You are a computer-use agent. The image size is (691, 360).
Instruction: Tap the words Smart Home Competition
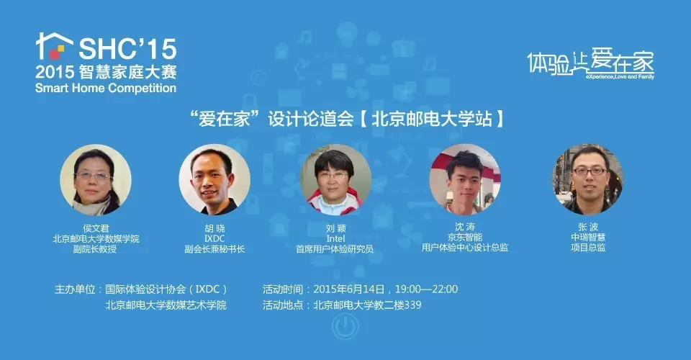pyautogui.click(x=106, y=89)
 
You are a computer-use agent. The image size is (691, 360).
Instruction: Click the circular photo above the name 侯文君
pyautogui.click(x=96, y=180)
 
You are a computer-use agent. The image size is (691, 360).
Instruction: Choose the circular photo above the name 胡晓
pyautogui.click(x=214, y=180)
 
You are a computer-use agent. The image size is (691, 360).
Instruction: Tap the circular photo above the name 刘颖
pyautogui.click(x=335, y=180)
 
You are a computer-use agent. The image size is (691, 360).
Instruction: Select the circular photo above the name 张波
pyautogui.click(x=587, y=180)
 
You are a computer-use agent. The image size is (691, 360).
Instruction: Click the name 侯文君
pyautogui.click(x=96, y=226)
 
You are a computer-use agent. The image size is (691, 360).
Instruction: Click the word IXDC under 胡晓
pyautogui.click(x=214, y=238)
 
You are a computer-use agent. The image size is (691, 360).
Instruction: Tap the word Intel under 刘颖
pyautogui.click(x=335, y=238)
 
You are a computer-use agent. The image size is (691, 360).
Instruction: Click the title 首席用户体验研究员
pyautogui.click(x=335, y=249)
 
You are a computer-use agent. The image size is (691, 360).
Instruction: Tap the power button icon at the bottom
pyautogui.click(x=344, y=328)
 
